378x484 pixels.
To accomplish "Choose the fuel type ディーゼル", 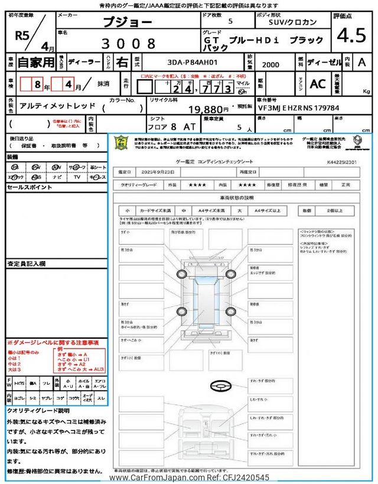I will (x=322, y=61).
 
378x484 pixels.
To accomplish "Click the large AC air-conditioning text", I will (x=318, y=84).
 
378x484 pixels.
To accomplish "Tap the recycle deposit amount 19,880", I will (x=209, y=109).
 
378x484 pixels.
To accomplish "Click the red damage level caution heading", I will (x=53, y=343).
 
